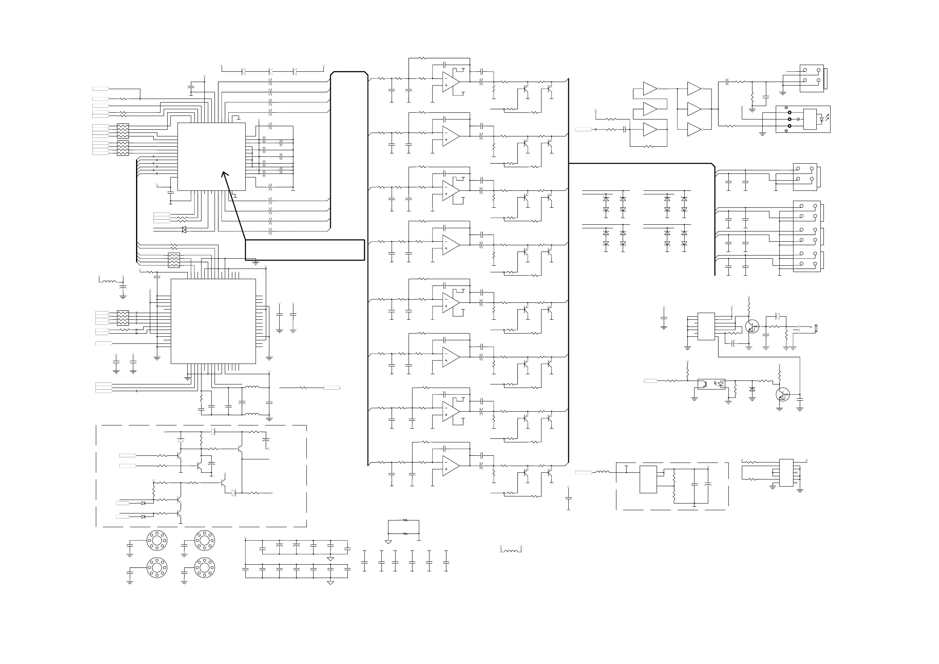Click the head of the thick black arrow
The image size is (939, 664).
224,174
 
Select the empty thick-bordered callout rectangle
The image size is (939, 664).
305,250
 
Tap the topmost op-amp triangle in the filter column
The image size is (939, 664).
450,82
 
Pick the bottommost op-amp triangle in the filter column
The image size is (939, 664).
450,466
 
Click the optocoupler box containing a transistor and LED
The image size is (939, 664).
711,384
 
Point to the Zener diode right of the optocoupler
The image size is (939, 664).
752,389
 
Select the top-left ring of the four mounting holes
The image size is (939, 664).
157,541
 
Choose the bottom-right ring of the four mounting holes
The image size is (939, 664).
204,567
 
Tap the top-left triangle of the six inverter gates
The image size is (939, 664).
650,89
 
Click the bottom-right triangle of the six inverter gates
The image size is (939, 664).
694,130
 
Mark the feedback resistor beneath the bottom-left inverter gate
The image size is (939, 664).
648,146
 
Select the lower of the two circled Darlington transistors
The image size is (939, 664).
782,395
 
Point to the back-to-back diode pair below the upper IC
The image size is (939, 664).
184,230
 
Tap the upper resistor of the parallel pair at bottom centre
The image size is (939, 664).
405,520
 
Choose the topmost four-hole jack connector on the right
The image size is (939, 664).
811,78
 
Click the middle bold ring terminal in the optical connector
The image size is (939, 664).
789,119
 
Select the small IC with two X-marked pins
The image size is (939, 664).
786,473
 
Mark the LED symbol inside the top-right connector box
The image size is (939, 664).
821,119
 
